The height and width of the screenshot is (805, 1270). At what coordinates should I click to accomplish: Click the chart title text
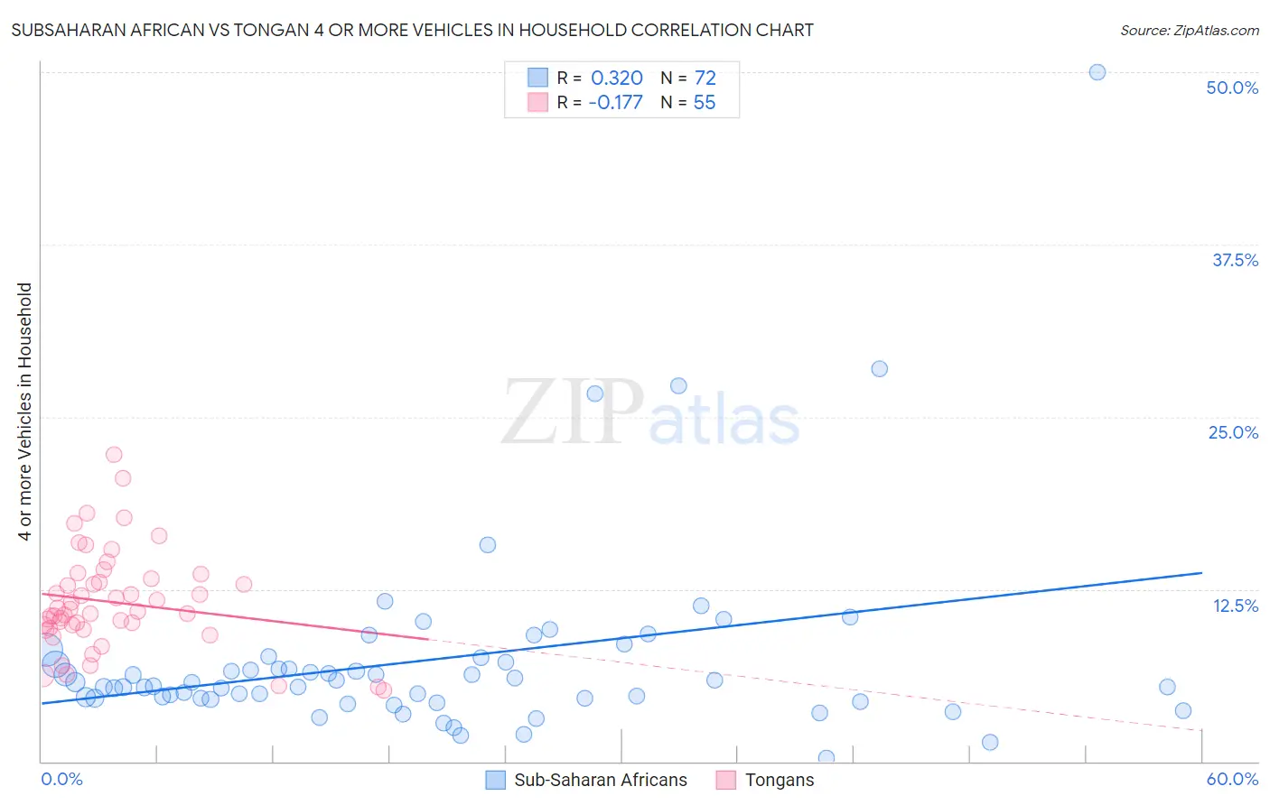(412, 30)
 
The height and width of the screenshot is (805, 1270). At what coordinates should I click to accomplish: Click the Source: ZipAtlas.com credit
(1189, 30)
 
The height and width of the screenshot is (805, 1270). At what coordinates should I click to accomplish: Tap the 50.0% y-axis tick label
(1232, 88)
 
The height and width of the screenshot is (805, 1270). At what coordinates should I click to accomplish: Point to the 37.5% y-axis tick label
(1235, 260)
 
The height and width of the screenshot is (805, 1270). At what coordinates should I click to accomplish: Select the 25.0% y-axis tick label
(1233, 432)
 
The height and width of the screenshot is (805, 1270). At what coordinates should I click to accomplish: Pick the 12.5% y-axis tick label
(1235, 606)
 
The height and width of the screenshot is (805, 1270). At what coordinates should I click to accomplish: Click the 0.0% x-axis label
(61, 779)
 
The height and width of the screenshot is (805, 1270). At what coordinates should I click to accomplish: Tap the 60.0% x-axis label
(1232, 779)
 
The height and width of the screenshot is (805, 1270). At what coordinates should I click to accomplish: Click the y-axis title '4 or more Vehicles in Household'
(25, 412)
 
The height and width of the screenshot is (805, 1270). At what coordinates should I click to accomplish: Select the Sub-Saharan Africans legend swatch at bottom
(495, 780)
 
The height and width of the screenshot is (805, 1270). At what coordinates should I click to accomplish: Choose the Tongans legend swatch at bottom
(725, 780)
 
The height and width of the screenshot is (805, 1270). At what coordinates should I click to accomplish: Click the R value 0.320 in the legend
(616, 79)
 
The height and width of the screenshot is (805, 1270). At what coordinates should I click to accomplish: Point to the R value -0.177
(615, 103)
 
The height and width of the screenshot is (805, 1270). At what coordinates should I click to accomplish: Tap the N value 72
(705, 79)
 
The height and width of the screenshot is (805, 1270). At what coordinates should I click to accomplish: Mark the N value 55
(705, 103)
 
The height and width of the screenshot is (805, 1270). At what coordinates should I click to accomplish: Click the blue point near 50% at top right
(1097, 72)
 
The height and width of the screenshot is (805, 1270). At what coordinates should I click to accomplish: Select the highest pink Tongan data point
(114, 455)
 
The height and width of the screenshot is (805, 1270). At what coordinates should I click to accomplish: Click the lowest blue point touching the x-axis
(826, 758)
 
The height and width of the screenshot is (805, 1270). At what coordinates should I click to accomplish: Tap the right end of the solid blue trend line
(1201, 573)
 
